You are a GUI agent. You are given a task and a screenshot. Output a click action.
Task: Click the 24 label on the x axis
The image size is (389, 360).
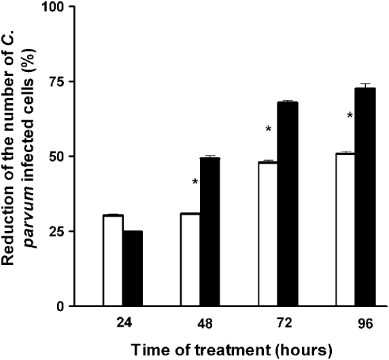(123, 325)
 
